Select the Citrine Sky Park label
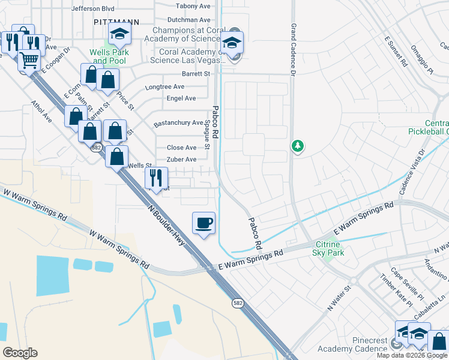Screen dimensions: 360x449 [328, 248]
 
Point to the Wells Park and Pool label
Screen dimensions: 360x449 [108, 56]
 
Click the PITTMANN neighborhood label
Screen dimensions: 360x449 [116, 21]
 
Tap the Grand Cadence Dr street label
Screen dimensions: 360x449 [294, 50]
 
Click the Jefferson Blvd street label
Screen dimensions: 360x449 [92, 9]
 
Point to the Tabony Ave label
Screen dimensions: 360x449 [193, 6]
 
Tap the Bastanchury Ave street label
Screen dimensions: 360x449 [178, 123]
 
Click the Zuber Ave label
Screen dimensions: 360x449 [181, 160]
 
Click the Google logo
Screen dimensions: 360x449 [20, 353]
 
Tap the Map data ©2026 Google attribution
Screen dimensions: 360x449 [412, 355]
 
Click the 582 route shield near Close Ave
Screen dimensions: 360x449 [96, 148]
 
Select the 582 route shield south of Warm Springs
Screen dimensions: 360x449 [238, 304]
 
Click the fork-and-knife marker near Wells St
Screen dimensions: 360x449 [155, 178]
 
